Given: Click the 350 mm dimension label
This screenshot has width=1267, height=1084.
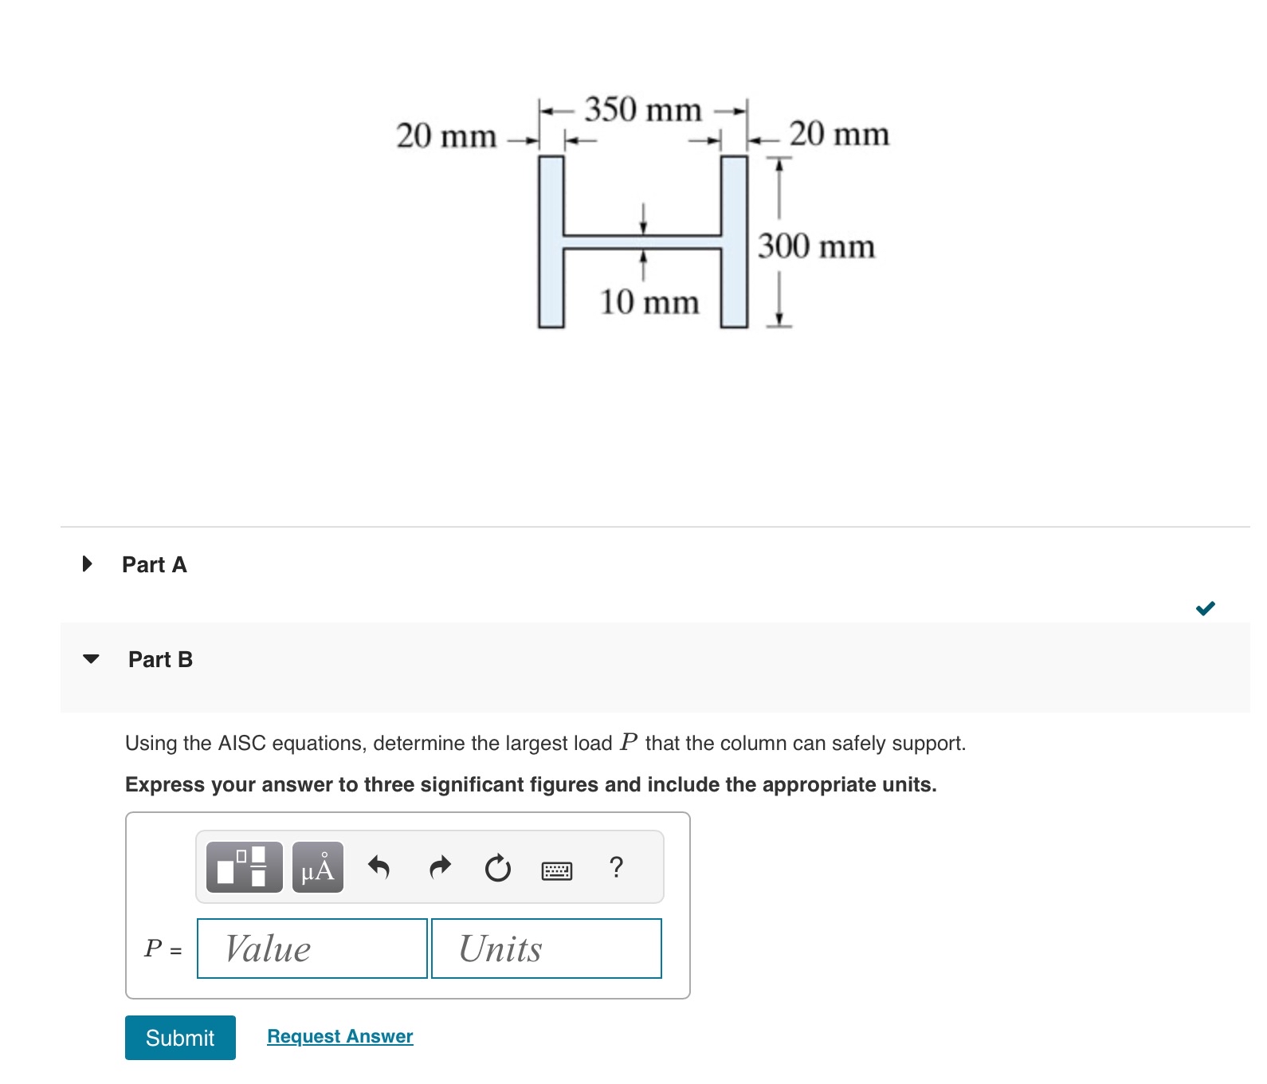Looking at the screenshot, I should click(643, 110).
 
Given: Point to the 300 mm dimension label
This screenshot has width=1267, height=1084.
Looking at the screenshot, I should click(816, 246).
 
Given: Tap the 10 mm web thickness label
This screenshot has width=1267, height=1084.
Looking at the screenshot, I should click(649, 302).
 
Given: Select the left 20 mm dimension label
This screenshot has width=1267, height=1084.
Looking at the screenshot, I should click(446, 135).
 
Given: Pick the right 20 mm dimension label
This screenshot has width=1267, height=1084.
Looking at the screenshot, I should click(839, 134).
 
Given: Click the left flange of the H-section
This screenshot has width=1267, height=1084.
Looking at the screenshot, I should click(551, 242).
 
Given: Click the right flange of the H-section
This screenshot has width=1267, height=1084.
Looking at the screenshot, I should click(734, 242).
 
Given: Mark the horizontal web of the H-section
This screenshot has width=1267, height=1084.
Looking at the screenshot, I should click(642, 242).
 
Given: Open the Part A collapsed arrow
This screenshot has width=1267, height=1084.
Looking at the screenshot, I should click(88, 564).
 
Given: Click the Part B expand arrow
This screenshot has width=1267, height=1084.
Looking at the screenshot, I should click(91, 659).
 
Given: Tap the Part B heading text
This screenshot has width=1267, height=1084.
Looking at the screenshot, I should click(160, 659).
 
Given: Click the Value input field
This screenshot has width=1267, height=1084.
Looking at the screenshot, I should click(312, 949).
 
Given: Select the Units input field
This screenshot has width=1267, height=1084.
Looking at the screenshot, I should click(546, 949).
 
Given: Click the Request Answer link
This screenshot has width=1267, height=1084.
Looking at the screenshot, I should click(339, 1036).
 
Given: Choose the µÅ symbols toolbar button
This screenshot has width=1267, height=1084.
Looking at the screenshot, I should click(317, 867).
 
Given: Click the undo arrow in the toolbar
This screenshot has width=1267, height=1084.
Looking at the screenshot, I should click(379, 867).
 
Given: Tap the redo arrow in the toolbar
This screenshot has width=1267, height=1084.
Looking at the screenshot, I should click(440, 867).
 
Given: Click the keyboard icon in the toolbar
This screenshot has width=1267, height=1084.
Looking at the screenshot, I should click(556, 870).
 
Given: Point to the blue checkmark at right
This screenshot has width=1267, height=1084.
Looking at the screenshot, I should click(1205, 609).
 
